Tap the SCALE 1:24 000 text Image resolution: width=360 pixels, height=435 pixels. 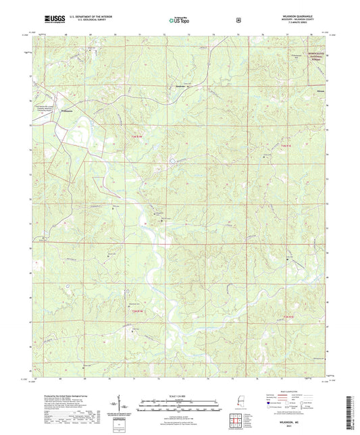click(179, 395)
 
